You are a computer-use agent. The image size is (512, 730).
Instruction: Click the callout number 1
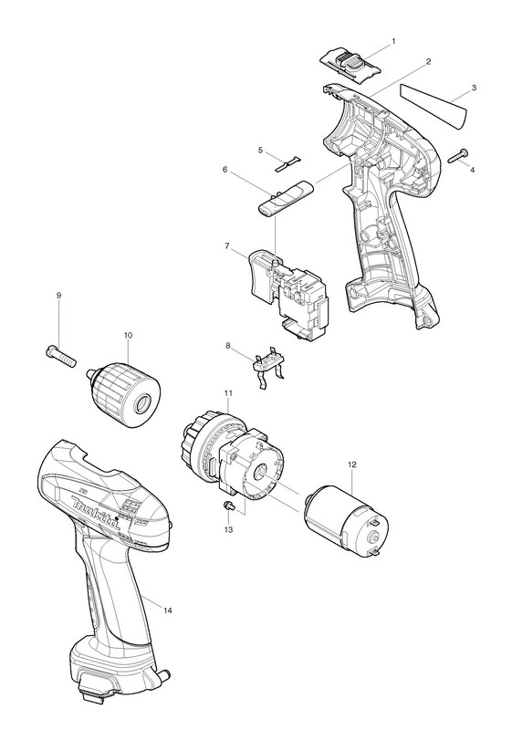click(x=393, y=41)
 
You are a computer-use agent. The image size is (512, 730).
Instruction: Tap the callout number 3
click(x=474, y=88)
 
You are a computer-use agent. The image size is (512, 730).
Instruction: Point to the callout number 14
click(x=168, y=610)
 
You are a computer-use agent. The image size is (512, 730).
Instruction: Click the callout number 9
click(x=59, y=295)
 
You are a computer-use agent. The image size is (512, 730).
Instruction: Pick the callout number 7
click(x=227, y=246)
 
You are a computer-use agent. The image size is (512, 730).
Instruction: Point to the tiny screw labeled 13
click(x=229, y=506)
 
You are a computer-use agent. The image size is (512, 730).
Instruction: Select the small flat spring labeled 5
click(x=286, y=163)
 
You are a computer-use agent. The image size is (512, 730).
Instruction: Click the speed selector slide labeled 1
click(x=350, y=66)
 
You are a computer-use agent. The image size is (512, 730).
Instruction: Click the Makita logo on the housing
click(x=97, y=512)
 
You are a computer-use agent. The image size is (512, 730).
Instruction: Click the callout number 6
click(x=225, y=170)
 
